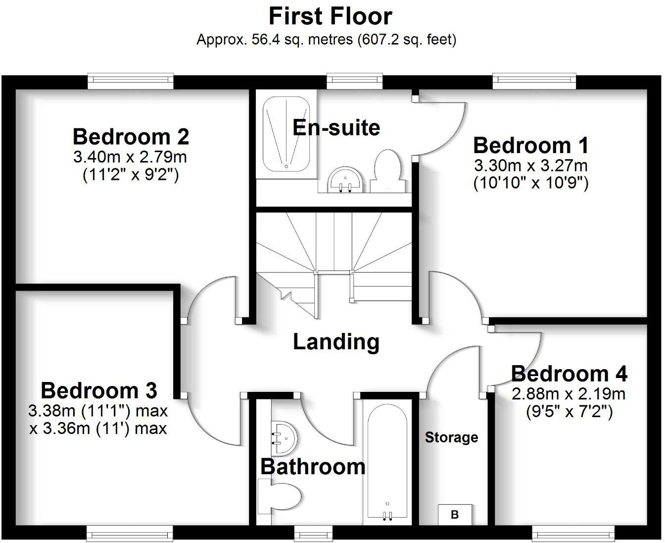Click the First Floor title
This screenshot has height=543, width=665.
tap(330, 16)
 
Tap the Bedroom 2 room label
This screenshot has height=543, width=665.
tap(131, 136)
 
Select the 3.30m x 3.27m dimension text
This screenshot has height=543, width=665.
tap(530, 165)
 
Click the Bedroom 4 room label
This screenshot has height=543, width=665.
tap(569, 374)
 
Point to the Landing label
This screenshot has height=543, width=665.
tap(336, 342)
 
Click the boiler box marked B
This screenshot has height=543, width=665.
tap(455, 515)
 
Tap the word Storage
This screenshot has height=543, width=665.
tap(451, 437)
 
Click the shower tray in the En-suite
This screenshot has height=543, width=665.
tap(286, 133)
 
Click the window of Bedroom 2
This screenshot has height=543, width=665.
tap(131, 81)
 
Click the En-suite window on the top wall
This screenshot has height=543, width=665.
tap(354, 81)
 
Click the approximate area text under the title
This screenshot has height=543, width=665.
tap(326, 40)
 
